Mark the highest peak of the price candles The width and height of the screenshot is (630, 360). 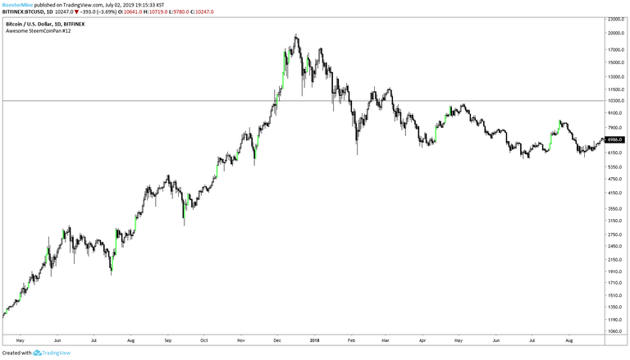tap(295, 35)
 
